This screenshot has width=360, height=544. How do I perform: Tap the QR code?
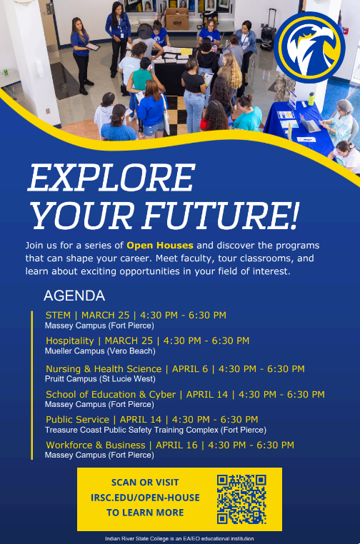241,499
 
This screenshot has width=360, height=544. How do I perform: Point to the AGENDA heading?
74,296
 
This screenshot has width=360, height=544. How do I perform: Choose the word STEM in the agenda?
59,315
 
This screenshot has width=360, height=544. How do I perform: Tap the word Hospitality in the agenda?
69,341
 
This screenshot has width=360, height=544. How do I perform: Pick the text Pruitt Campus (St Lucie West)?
100,379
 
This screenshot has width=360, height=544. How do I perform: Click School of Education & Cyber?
110,394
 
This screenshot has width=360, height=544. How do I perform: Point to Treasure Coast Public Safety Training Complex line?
155,430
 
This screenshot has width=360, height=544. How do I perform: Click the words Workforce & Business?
95,445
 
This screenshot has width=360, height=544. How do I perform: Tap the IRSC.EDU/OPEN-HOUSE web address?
145,498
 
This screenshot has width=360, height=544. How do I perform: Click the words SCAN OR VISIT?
145,483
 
